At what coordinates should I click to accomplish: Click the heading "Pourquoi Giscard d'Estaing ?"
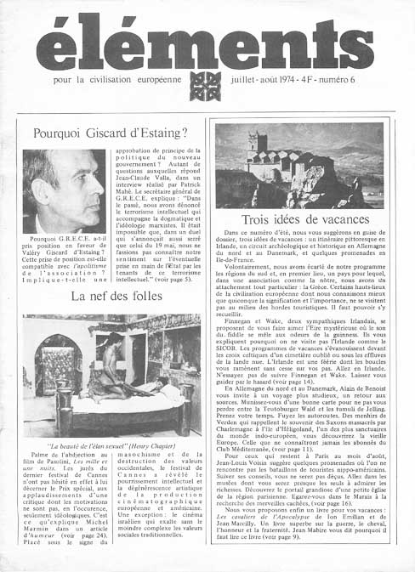(110, 133)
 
